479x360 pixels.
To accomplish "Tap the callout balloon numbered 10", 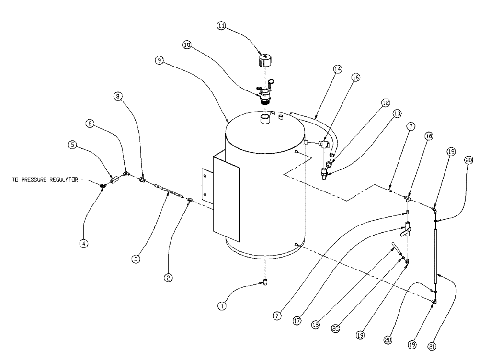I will (187, 45).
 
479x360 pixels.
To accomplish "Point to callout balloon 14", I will (338, 69).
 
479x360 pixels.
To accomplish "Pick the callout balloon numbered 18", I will (428, 136).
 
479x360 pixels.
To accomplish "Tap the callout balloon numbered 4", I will (84, 243).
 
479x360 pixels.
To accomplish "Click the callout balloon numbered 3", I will (136, 259).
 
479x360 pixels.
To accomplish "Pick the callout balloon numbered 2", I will (168, 278).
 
